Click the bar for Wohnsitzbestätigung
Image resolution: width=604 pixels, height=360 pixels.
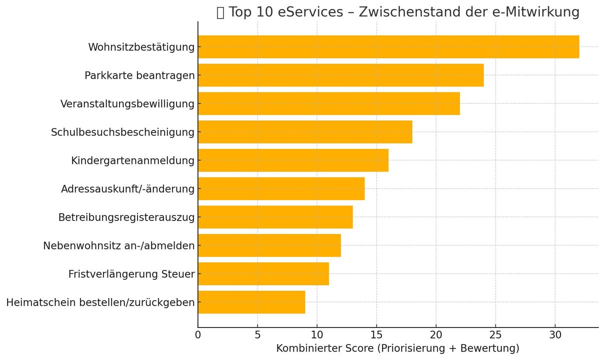click(388, 47)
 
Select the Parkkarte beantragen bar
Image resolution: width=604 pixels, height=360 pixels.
click(340, 75)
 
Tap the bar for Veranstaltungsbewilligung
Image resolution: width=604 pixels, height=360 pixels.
click(328, 104)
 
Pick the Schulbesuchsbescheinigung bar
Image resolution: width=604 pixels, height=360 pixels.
click(305, 132)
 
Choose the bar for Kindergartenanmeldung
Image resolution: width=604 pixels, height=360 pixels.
click(293, 160)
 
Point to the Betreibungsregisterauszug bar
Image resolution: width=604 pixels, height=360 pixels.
click(275, 217)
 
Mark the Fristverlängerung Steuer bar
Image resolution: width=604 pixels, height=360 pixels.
click(263, 273)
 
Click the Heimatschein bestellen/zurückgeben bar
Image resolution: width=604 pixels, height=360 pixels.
click(251, 302)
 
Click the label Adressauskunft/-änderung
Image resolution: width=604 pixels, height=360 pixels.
click(127, 189)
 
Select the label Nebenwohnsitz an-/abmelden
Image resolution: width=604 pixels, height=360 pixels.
click(118, 245)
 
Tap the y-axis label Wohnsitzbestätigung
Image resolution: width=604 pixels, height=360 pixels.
click(141, 47)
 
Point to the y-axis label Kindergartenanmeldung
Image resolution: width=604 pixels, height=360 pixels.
click(132, 160)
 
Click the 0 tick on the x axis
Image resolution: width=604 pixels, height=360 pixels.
click(198, 334)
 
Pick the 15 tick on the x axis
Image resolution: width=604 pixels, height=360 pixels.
click(376, 334)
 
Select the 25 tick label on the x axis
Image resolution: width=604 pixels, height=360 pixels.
click(495, 334)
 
